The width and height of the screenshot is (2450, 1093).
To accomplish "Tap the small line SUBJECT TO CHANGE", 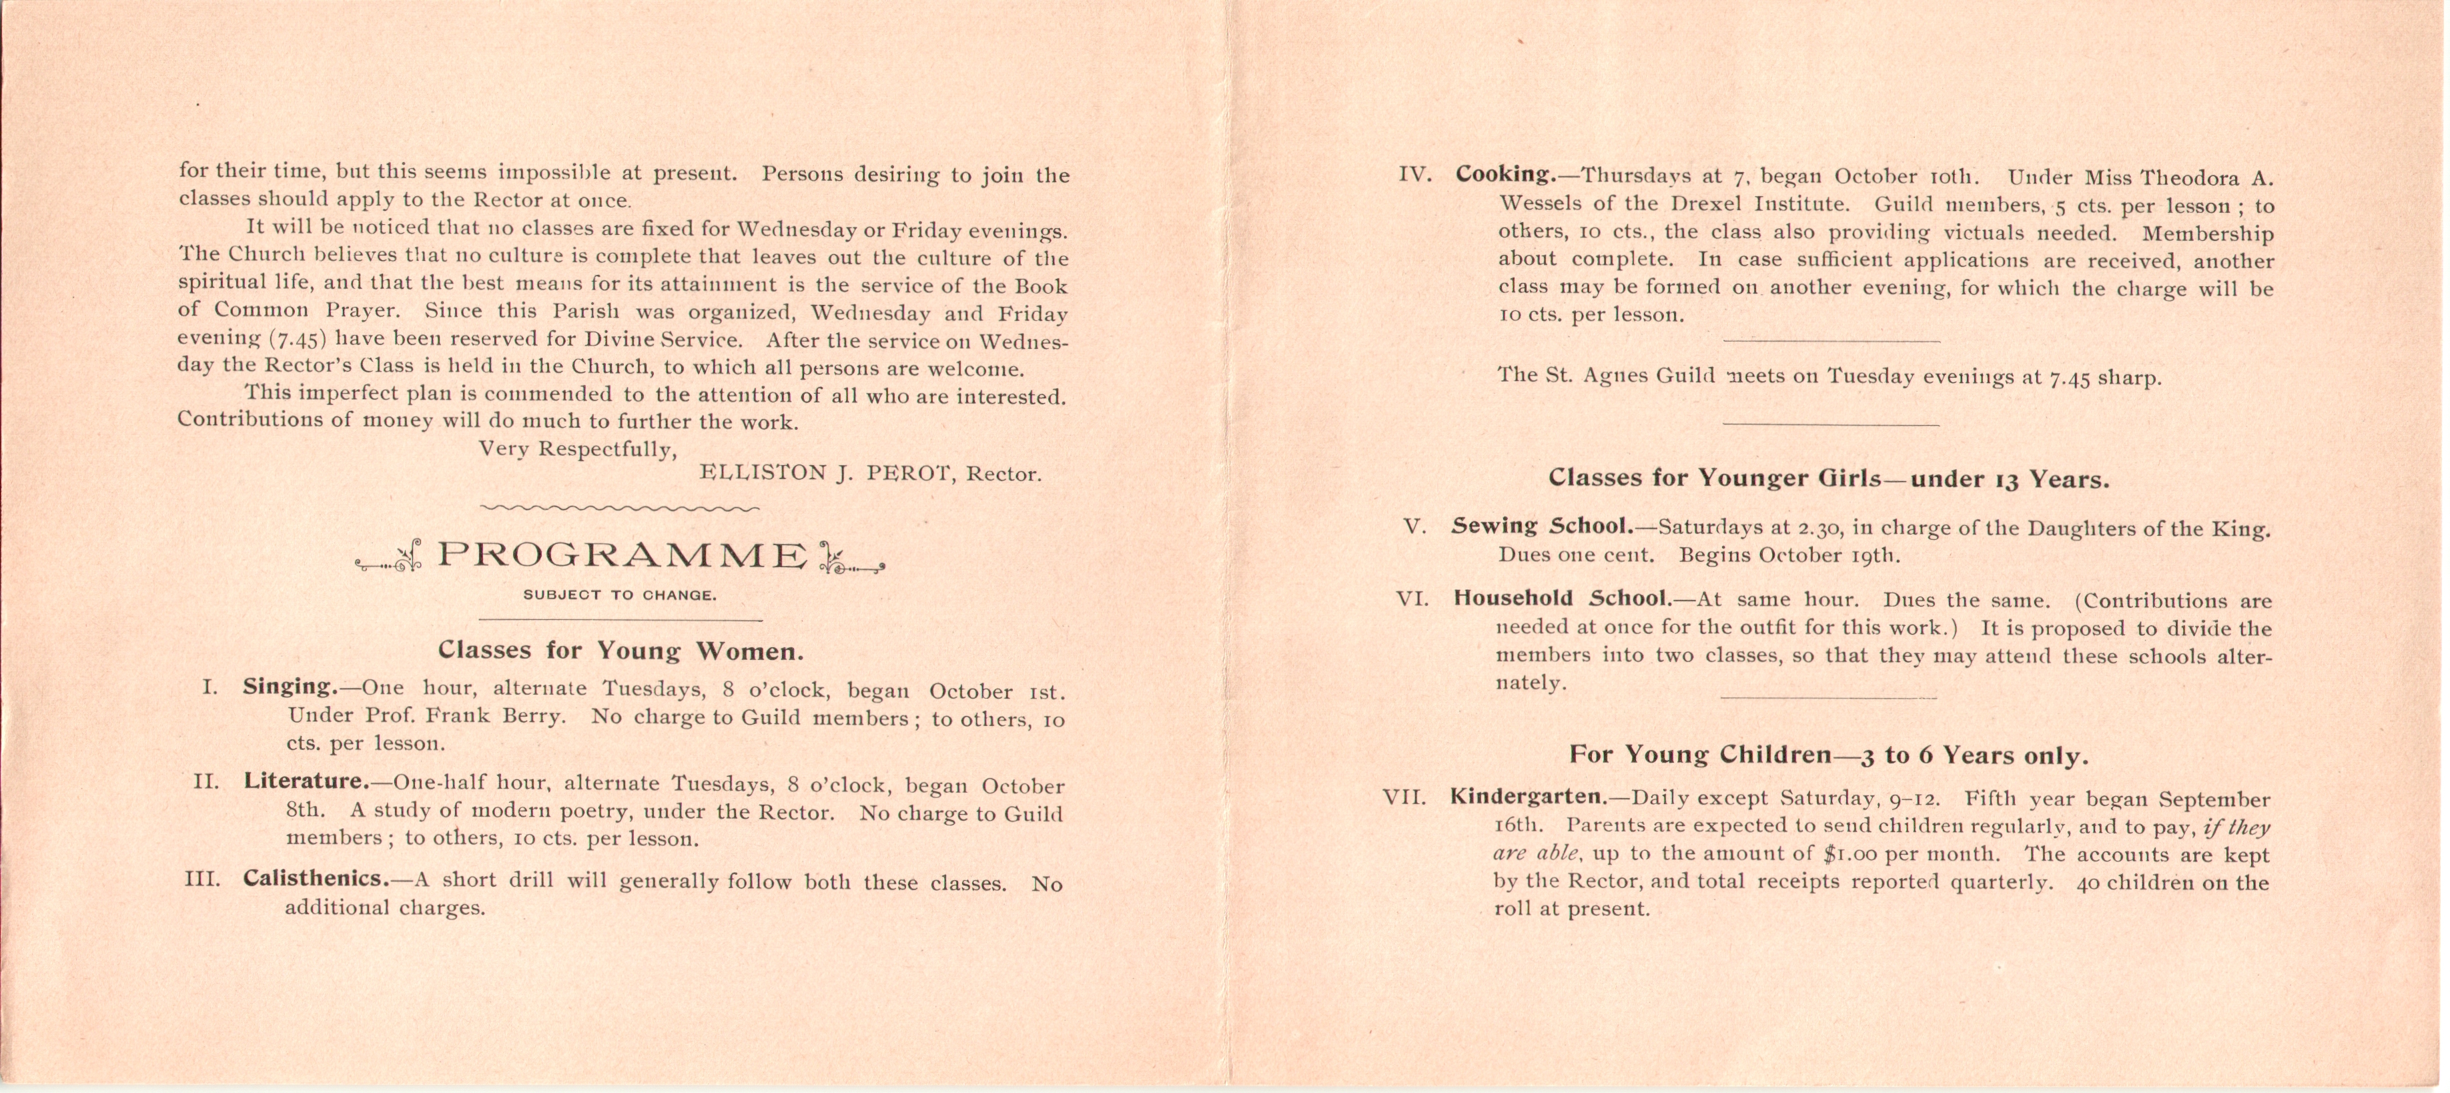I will click(x=620, y=595).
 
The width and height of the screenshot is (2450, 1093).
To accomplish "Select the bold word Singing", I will click(x=289, y=686).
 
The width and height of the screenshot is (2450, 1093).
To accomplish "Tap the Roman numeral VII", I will click(x=1404, y=797).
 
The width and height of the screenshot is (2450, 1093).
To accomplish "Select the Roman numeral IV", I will click(x=1415, y=175).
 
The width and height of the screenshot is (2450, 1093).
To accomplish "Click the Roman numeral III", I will click(x=203, y=879).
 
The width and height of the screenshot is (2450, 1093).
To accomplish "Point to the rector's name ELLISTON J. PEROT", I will click(x=827, y=473).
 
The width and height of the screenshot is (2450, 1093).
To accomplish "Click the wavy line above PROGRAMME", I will click(x=620, y=508).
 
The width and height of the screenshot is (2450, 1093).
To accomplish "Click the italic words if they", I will click(x=2236, y=827).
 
